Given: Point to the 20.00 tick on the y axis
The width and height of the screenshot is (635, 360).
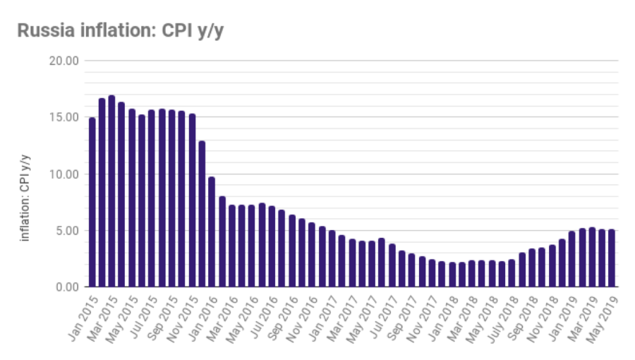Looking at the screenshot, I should tap(64, 61).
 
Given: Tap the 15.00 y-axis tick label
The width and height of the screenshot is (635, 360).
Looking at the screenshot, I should tap(64, 117).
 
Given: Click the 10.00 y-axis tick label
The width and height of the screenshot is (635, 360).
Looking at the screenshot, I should tap(64, 174).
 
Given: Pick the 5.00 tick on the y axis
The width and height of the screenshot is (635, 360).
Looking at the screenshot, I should tap(67, 230).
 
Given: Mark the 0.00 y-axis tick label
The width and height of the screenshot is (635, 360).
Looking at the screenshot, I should tap(67, 287).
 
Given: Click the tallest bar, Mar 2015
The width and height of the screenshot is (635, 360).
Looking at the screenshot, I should tap(111, 191).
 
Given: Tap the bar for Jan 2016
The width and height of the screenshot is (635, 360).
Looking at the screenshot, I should tap(212, 232).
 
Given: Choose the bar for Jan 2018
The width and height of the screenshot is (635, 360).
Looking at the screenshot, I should tap(452, 275).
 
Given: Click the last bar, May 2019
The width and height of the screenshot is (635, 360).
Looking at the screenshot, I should tap(611, 258).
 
